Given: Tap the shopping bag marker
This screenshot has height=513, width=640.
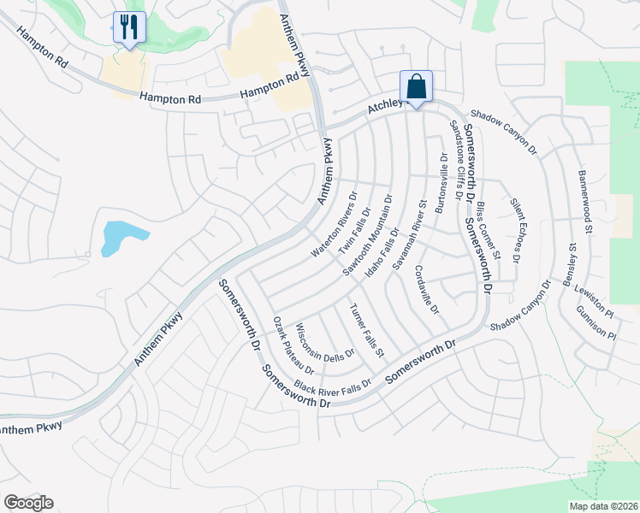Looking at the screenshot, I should click(416, 86).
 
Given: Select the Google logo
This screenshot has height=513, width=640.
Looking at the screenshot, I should click(28, 503).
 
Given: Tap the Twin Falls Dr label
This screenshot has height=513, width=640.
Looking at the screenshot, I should click(354, 228).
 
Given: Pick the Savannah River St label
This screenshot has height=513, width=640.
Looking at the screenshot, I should click(410, 236).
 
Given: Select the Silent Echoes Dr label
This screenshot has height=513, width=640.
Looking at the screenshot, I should click(516, 230).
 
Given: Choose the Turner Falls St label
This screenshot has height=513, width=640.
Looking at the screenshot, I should click(367, 329).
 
